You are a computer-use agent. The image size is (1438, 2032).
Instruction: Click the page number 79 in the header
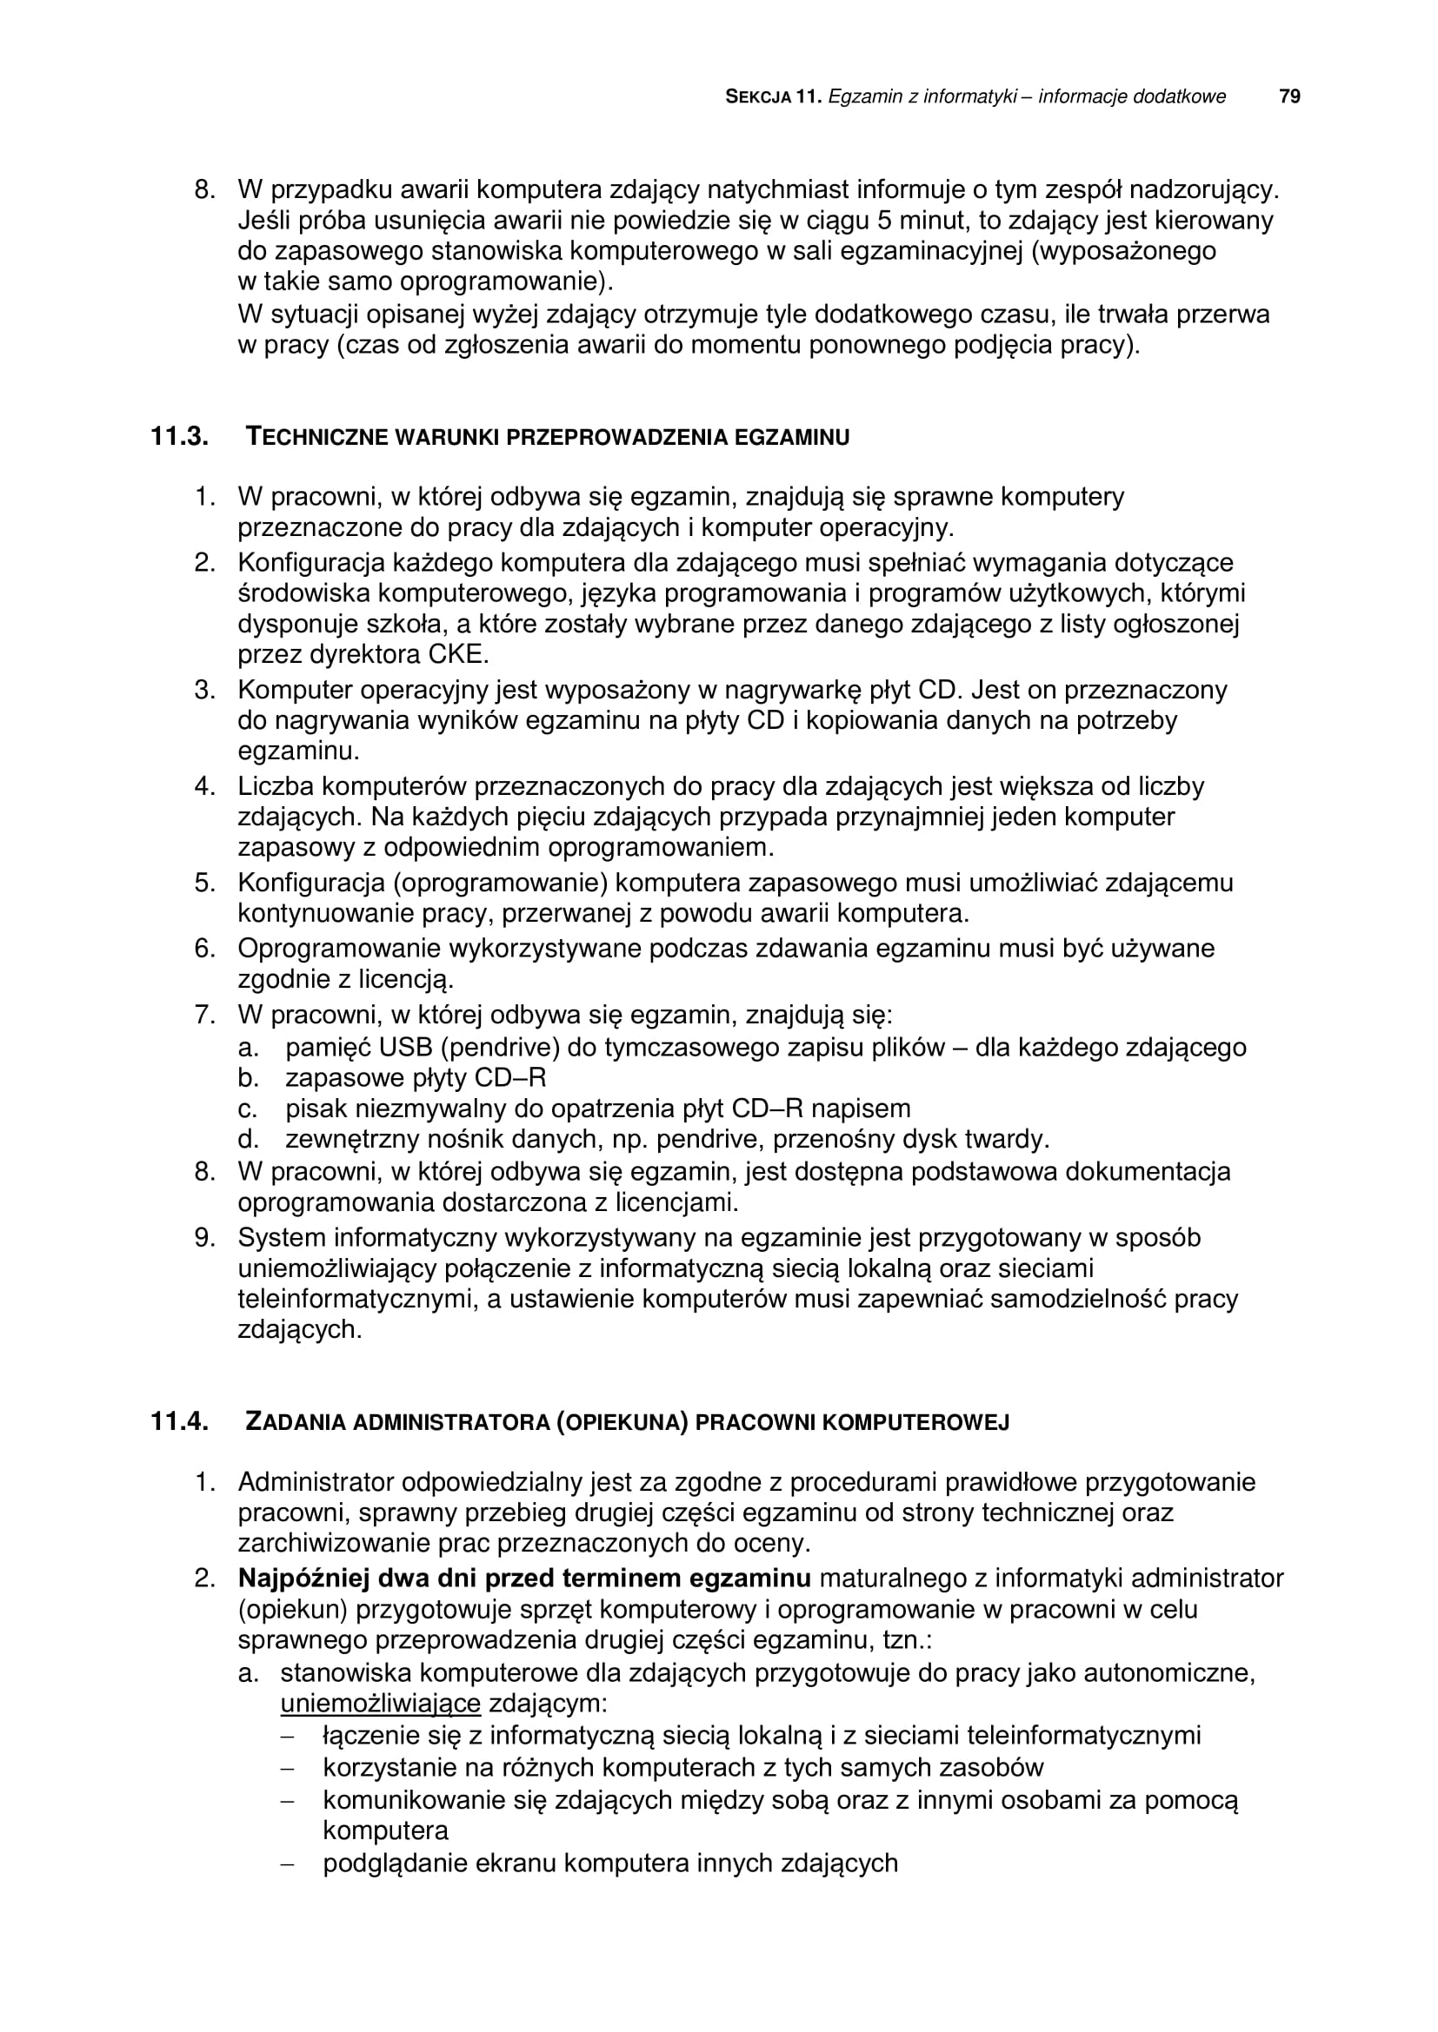[1290, 96]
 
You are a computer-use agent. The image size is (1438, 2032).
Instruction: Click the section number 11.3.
[179, 436]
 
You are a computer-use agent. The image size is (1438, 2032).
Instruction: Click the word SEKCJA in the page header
[758, 97]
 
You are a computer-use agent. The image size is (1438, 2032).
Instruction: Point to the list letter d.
[247, 1139]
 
